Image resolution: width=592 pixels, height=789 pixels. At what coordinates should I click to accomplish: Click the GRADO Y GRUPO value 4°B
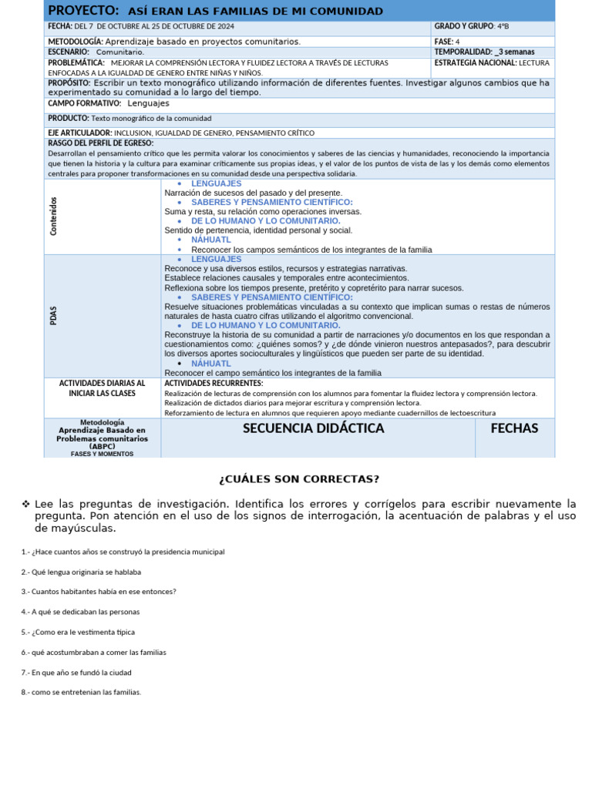503,26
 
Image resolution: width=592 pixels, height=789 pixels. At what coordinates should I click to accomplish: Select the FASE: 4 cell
447,42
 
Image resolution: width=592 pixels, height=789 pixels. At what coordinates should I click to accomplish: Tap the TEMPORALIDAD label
462,52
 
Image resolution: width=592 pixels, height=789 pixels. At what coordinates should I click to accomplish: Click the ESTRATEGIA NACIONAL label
476,62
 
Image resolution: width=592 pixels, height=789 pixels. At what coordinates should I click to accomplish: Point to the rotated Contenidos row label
53,217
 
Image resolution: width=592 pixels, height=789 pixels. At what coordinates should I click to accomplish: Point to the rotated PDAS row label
53,316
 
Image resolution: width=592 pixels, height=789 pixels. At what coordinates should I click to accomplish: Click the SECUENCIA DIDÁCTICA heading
313,428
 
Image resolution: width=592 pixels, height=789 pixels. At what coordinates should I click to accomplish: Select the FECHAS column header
514,428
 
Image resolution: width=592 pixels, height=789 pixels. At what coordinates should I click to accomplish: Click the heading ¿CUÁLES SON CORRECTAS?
299,479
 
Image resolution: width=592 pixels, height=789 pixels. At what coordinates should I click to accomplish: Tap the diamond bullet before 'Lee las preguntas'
26,504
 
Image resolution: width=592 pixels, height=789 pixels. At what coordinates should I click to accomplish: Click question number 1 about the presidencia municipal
123,552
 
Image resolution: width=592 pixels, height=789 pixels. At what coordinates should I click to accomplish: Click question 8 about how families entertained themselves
82,692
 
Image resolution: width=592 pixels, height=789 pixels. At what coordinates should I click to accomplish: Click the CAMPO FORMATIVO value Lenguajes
148,103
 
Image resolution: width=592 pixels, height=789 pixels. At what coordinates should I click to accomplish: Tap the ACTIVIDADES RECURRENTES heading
214,383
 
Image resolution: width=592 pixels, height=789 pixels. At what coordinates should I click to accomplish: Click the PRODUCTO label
68,119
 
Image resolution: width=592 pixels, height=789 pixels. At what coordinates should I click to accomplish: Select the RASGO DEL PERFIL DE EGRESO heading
100,143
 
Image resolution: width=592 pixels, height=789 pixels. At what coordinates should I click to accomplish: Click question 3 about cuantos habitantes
99,592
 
